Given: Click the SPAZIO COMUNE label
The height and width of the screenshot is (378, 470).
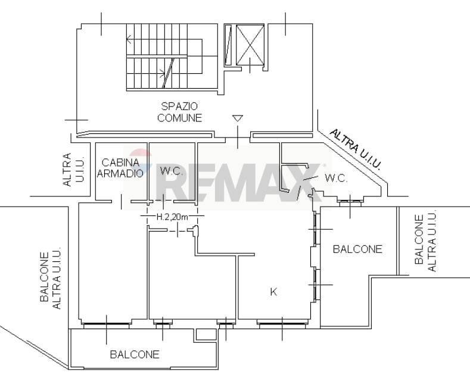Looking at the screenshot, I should pyautogui.click(x=179, y=112).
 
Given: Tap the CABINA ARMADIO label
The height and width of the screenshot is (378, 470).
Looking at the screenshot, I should pyautogui.click(x=120, y=168).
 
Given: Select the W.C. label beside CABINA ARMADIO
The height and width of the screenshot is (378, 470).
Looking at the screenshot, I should pyautogui.click(x=170, y=170).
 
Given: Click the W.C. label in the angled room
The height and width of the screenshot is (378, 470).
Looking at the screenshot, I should pyautogui.click(x=335, y=177).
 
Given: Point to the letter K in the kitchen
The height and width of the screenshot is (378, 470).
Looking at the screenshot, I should pyautogui.click(x=273, y=292).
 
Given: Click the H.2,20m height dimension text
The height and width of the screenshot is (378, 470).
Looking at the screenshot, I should pyautogui.click(x=172, y=217).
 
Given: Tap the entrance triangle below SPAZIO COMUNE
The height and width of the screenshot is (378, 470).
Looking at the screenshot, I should pyautogui.click(x=238, y=119).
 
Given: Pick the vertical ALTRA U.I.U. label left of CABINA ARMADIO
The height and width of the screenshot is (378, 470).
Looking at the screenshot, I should pyautogui.click(x=66, y=170).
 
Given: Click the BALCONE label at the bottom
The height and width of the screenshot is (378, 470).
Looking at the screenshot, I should pyautogui.click(x=135, y=354).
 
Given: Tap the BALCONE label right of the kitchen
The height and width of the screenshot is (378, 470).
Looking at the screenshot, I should pyautogui.click(x=357, y=249).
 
